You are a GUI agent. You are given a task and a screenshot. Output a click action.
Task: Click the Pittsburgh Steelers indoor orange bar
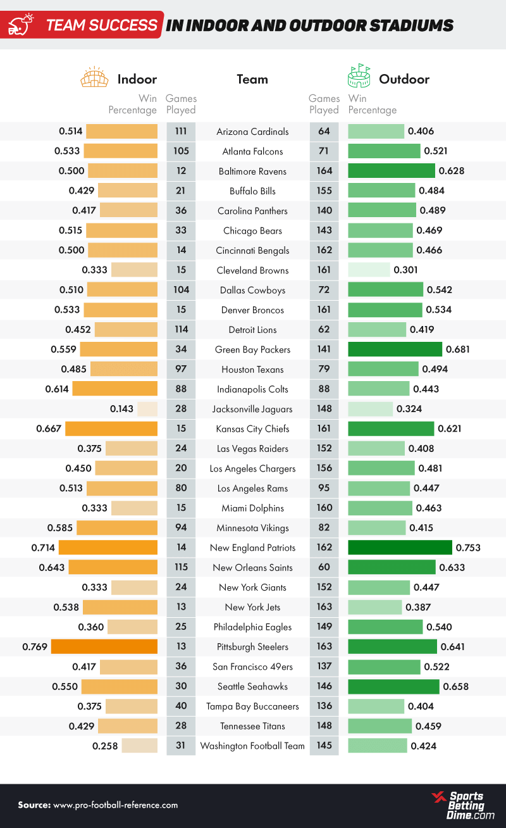point(104,647)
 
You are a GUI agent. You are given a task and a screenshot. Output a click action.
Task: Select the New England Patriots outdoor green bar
point(400,548)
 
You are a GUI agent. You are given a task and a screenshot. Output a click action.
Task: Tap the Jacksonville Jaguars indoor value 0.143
point(121,409)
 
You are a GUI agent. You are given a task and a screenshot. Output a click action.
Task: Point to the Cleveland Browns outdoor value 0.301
point(405,270)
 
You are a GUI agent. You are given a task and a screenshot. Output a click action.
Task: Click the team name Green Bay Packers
point(252,349)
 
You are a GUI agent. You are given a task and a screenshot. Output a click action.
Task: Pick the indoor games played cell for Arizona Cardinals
point(181,132)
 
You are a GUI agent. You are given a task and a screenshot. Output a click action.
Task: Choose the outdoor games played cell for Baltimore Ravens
point(324,171)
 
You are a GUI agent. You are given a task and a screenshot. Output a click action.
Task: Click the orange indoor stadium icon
point(94,77)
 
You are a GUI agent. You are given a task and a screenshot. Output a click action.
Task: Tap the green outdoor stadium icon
point(359,76)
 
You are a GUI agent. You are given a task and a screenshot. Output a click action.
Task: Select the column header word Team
point(252,79)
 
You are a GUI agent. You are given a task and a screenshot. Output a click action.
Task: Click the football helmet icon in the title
point(20,25)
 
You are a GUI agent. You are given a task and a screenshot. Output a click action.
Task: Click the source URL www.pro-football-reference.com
point(116,805)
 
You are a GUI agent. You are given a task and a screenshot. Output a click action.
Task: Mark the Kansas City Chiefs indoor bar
point(111,429)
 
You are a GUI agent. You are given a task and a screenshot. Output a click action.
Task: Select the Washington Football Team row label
point(252,746)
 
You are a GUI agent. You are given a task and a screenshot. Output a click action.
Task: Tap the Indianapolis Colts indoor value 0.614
point(57,389)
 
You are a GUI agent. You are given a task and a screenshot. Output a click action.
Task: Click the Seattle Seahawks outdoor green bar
point(393,686)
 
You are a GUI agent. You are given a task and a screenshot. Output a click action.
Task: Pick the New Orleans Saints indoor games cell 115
point(181,568)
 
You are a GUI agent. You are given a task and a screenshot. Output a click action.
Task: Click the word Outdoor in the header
point(404,79)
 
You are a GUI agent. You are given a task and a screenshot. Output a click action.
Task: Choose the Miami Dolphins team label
point(252,508)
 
